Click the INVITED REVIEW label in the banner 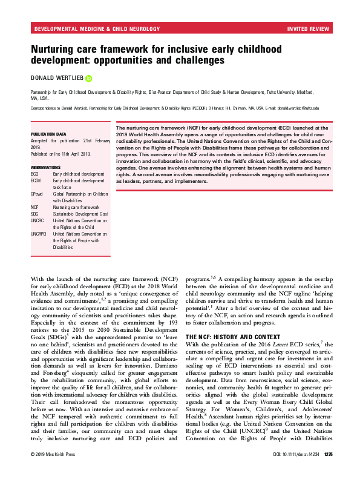(309, 28)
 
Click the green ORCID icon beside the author (88, 78)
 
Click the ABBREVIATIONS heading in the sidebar (45, 167)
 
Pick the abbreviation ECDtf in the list (36, 180)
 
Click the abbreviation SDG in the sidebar (35, 214)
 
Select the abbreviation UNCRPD (39, 234)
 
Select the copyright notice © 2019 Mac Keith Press (55, 471)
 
